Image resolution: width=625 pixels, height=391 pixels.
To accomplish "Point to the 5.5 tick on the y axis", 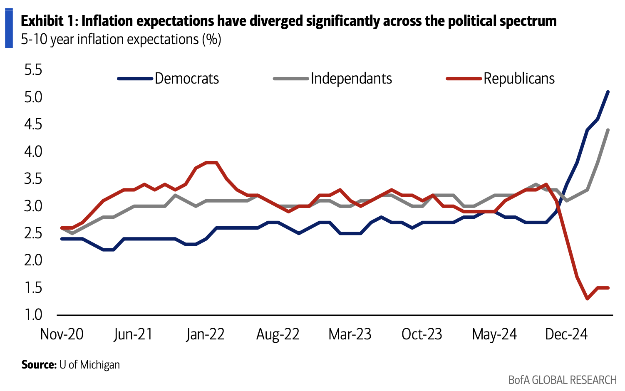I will coord(33,70).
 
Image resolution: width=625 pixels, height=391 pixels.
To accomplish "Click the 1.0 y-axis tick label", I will coord(33,315).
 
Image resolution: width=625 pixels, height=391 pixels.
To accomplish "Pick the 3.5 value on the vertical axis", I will coord(33,179).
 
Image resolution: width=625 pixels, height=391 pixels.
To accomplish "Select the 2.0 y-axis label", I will coord(33,260).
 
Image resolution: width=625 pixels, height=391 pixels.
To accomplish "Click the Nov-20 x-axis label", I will coord(62,334).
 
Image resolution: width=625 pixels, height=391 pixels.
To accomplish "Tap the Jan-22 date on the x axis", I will coord(205,334).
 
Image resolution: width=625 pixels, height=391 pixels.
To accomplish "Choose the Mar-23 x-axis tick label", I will coord(350,334).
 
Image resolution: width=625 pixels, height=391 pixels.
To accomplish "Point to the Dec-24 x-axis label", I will coord(566,334).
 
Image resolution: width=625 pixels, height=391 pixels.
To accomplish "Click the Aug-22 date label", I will coord(278,334).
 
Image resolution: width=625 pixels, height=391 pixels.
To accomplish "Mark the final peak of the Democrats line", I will coord(608,92).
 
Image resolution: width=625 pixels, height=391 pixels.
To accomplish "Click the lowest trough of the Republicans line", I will coord(587,299).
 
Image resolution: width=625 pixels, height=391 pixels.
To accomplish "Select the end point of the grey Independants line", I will coord(608,130).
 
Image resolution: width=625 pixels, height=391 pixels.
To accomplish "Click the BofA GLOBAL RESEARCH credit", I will coord(562,380).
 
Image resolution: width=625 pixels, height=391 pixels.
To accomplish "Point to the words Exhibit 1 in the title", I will coord(48,21).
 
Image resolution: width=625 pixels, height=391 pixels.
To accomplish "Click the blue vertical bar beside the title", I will coord(9,28).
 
